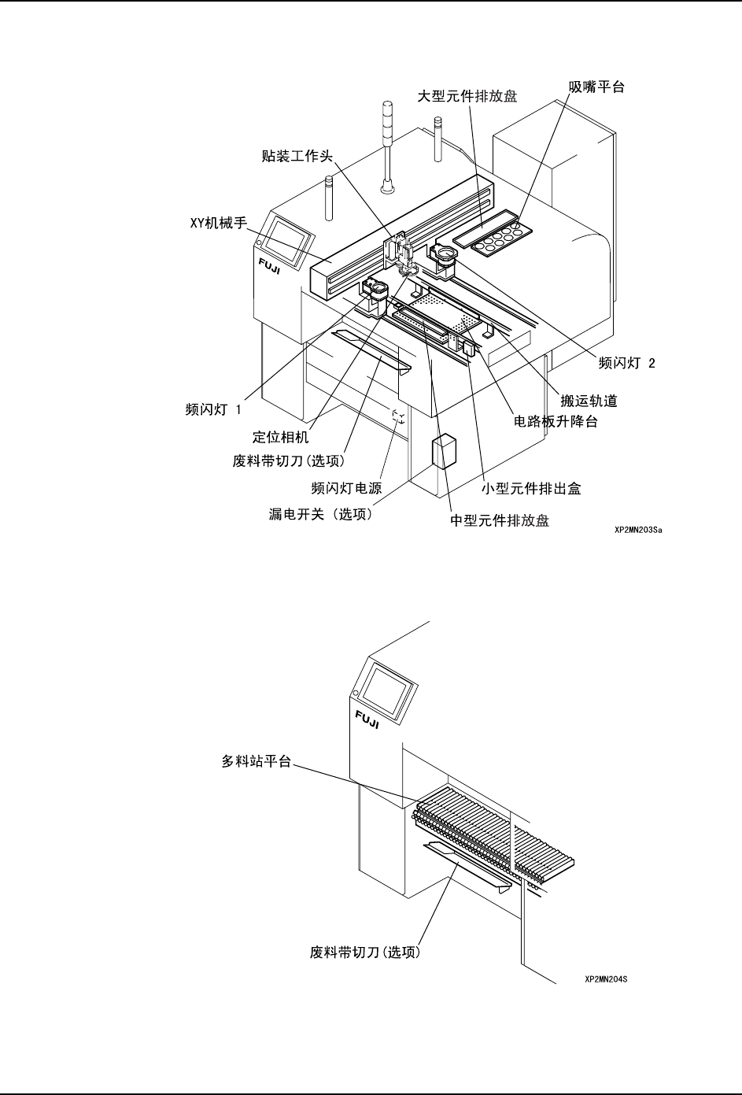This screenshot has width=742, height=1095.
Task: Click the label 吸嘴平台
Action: pos(596,87)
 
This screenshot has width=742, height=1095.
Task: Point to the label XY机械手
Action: pos(219,223)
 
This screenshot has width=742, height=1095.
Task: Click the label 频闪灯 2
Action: pos(626,363)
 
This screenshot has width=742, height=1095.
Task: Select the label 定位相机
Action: pos(280,437)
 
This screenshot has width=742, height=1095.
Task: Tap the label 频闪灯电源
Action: pos(346,489)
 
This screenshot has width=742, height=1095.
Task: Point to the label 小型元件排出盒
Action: pos(531,489)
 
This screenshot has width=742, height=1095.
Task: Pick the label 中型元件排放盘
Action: pos(500,520)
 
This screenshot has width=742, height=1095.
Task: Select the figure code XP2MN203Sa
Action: pos(638,531)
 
